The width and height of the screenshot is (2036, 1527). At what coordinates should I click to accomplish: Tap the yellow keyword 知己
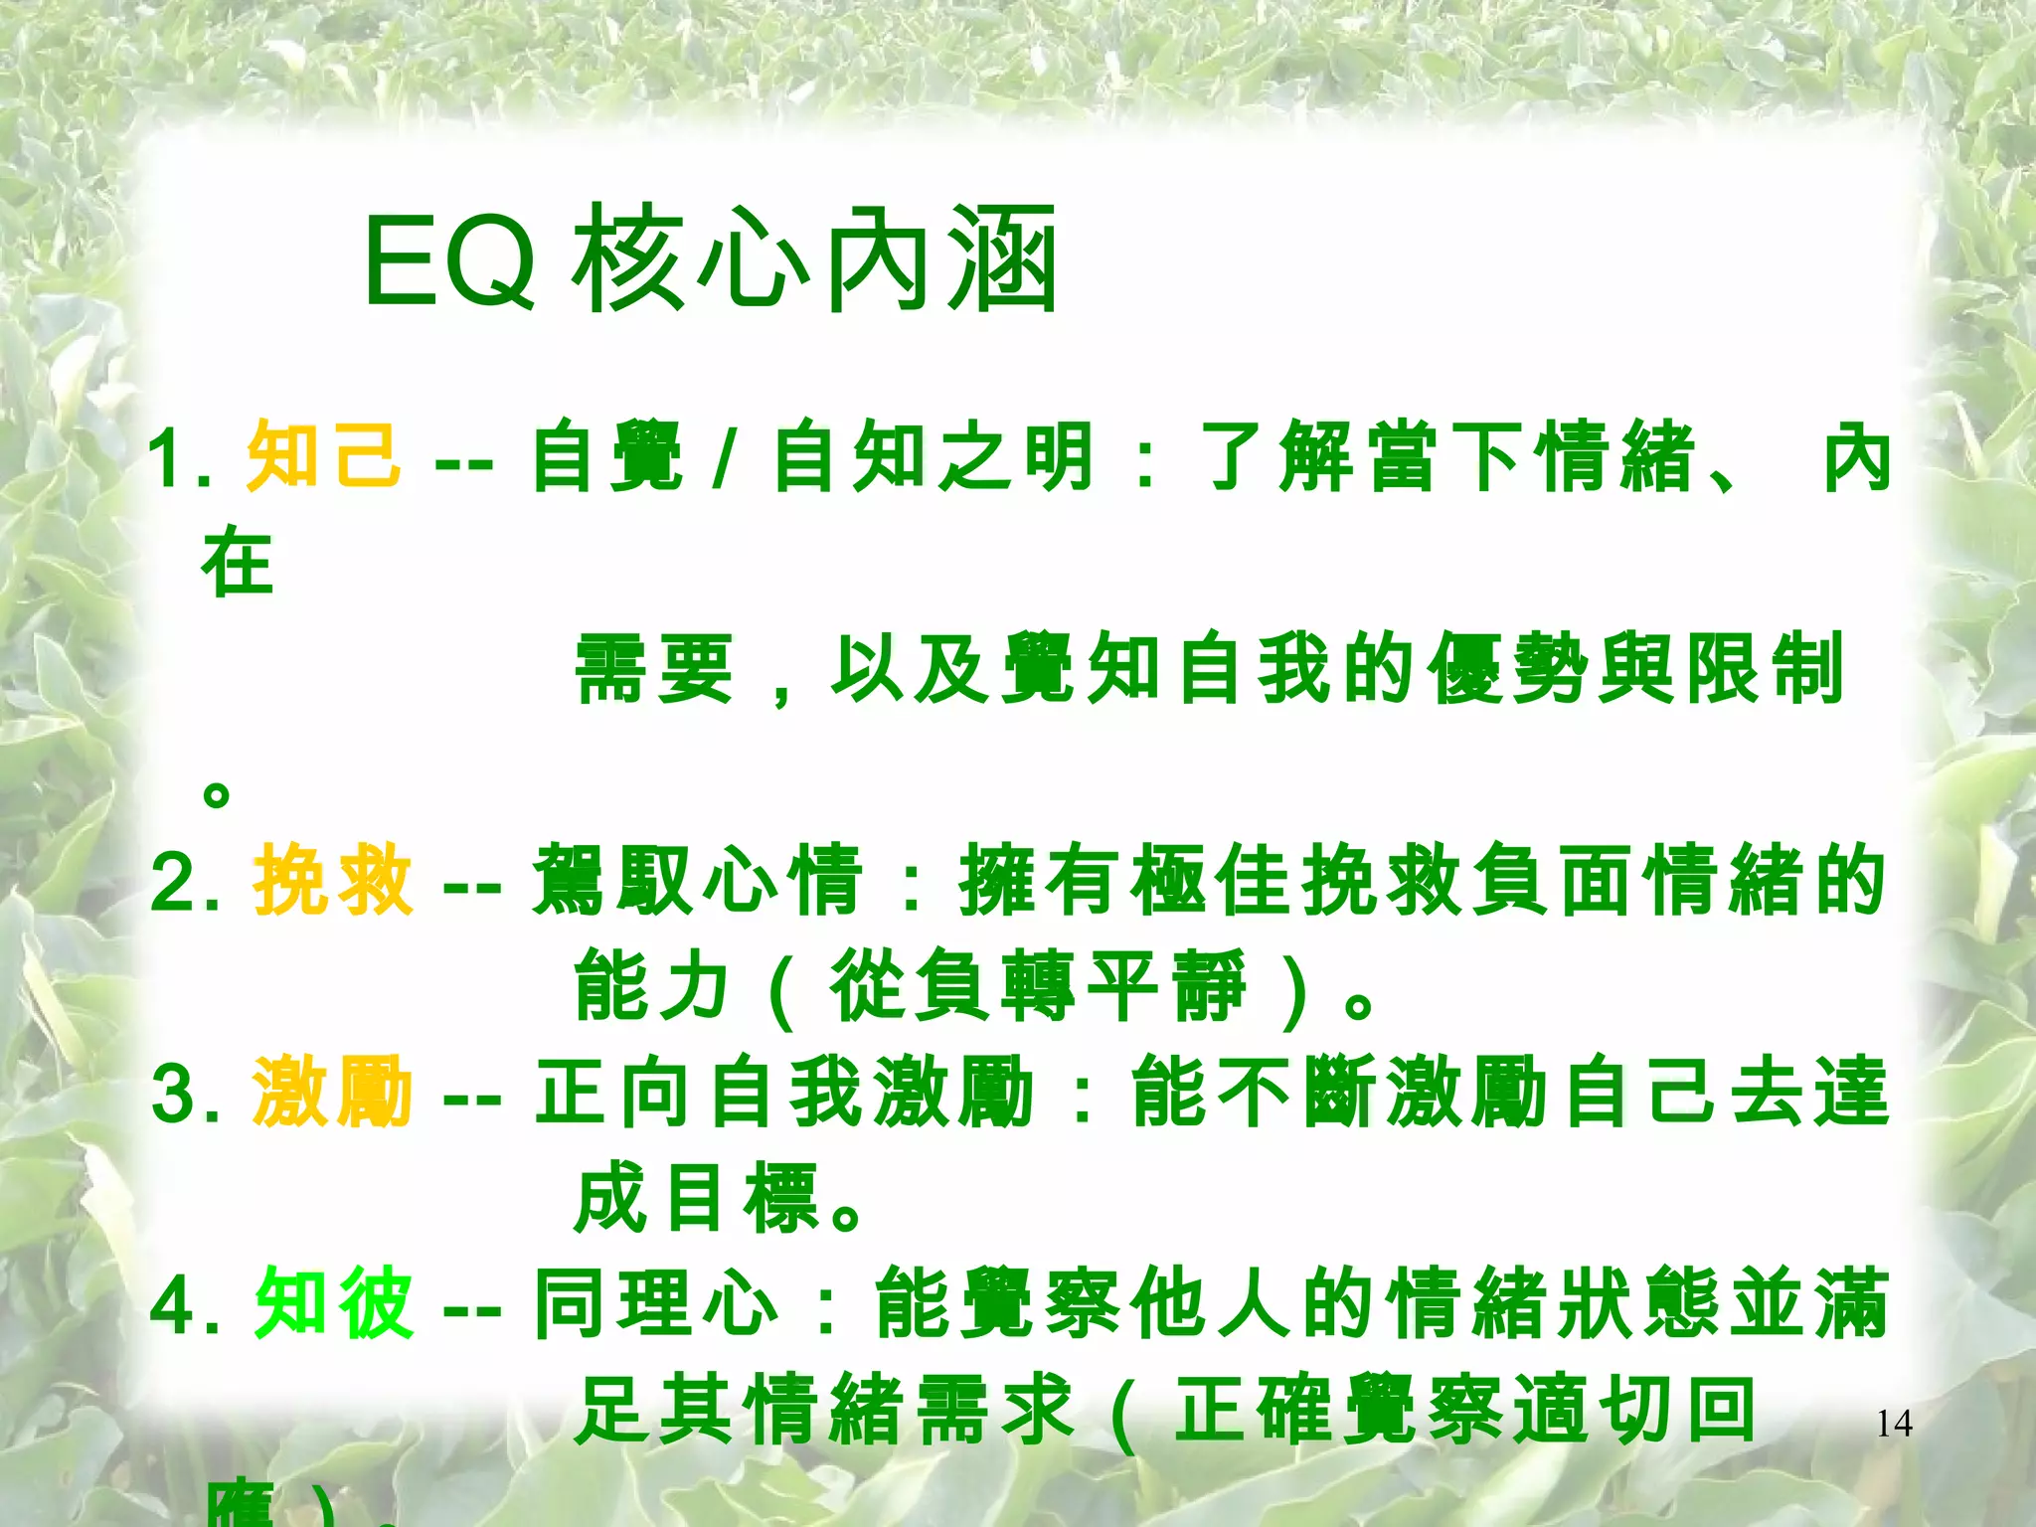324,456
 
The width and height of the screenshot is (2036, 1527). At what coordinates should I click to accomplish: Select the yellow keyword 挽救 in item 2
332,880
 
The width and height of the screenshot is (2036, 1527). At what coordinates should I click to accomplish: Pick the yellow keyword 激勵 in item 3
332,1092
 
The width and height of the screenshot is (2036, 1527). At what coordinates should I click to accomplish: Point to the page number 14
1894,1424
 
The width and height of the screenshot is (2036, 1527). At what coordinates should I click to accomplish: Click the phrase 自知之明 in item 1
934,457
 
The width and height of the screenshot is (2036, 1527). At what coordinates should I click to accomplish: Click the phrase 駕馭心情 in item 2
696,880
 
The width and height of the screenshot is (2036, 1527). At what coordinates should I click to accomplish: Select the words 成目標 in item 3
696,1198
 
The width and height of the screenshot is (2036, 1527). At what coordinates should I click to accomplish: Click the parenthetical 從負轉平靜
1039,986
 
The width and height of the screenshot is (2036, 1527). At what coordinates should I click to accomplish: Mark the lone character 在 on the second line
237,563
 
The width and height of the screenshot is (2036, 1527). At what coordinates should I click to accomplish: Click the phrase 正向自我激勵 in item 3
785,1092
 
